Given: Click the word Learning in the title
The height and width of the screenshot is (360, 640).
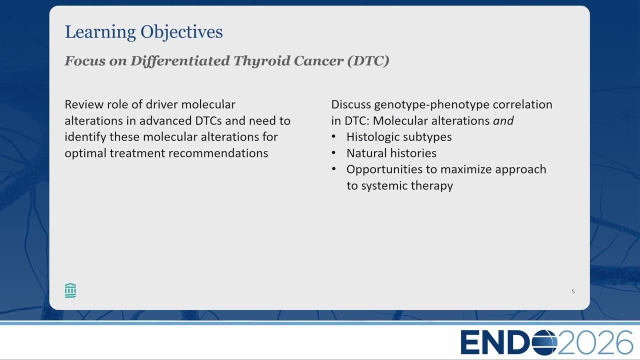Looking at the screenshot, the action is click(x=100, y=32).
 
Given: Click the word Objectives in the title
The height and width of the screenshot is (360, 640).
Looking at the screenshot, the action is click(x=181, y=32).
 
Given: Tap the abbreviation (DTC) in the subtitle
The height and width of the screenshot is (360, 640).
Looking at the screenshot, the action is click(x=368, y=61).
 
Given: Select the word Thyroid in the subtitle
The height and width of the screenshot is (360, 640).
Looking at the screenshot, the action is click(x=261, y=61).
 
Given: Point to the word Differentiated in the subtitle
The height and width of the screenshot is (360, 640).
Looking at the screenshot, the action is click(x=180, y=61).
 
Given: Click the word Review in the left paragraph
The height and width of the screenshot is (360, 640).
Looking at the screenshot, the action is click(x=84, y=104).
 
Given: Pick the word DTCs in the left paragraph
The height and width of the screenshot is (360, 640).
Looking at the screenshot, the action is click(x=208, y=120).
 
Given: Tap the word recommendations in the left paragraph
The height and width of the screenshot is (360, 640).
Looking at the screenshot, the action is click(x=218, y=153).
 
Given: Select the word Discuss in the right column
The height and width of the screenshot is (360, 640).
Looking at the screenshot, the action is click(x=351, y=104).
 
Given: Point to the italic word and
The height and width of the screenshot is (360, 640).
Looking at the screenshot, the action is click(x=503, y=120).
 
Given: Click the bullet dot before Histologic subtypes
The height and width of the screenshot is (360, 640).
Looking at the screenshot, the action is click(x=333, y=136).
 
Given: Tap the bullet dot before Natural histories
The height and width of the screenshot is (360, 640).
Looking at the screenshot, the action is click(x=333, y=152).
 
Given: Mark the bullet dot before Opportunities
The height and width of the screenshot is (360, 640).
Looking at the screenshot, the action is click(x=333, y=169).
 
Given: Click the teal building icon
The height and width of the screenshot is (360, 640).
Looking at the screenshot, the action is click(x=70, y=290).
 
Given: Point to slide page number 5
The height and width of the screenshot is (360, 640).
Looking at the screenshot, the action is click(x=573, y=291).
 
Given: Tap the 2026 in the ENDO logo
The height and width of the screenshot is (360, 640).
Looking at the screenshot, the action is click(x=595, y=342).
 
